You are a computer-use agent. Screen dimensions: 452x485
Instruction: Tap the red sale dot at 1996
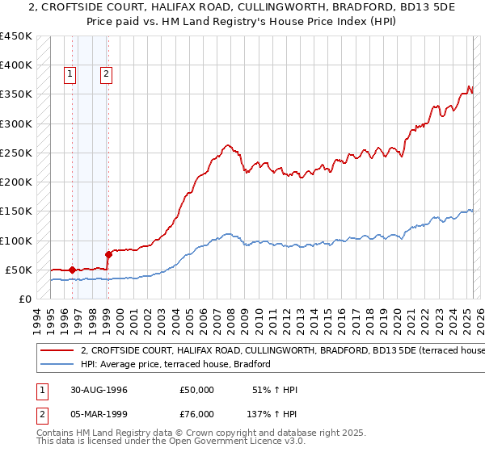(73, 270)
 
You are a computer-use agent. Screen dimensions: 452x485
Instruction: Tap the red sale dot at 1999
(108, 254)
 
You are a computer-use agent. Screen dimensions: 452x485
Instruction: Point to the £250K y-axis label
(15, 153)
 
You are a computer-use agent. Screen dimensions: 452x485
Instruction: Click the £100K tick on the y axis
(15, 241)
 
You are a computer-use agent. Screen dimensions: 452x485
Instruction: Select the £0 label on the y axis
(25, 299)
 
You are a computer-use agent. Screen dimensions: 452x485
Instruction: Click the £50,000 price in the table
(197, 390)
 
